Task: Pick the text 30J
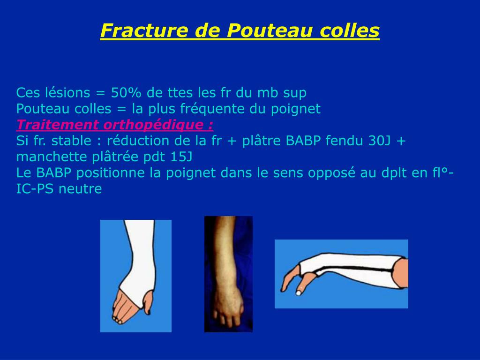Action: coord(380,141)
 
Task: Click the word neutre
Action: coord(81,189)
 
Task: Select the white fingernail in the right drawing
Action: coord(299,293)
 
